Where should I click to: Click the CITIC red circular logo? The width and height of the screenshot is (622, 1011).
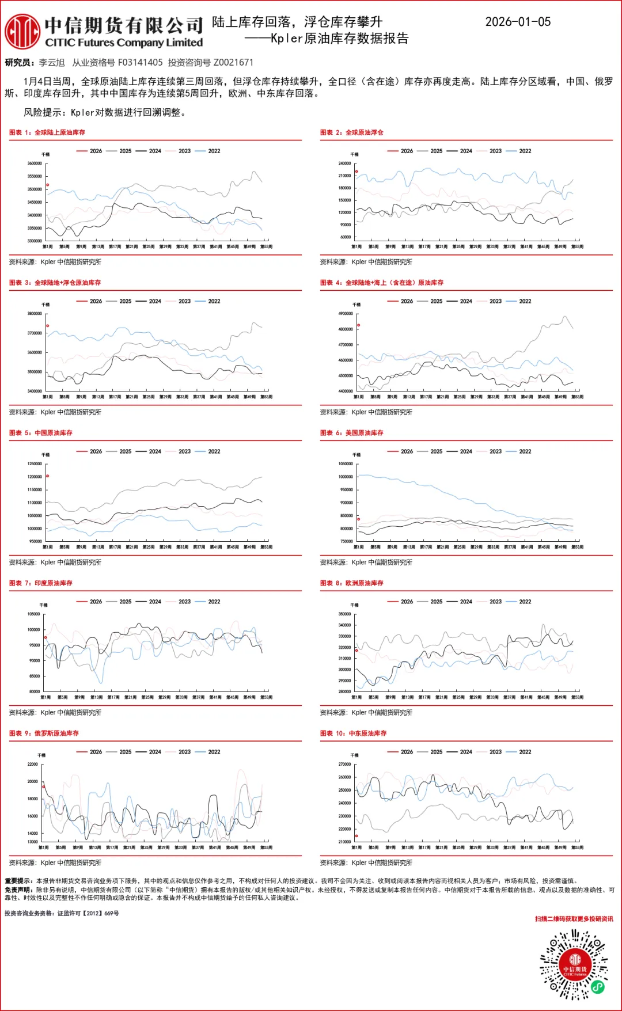(x=22, y=32)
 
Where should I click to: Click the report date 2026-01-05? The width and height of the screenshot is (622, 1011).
(x=518, y=22)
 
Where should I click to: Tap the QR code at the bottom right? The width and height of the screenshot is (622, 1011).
(x=574, y=964)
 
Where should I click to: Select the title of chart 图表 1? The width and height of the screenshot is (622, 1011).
(x=47, y=132)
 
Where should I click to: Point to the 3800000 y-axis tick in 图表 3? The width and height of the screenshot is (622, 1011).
(x=35, y=314)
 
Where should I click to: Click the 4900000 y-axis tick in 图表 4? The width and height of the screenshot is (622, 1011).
(x=346, y=314)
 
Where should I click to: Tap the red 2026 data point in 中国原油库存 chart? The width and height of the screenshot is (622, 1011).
(x=47, y=476)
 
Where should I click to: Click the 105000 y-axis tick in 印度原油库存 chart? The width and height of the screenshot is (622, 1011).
(x=34, y=614)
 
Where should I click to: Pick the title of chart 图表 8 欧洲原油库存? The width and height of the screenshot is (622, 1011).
(x=352, y=583)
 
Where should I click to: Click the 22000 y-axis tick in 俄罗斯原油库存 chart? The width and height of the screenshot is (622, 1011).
(x=32, y=765)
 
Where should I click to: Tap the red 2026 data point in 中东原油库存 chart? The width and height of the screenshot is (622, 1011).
(x=356, y=836)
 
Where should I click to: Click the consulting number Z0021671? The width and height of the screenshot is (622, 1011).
(x=233, y=62)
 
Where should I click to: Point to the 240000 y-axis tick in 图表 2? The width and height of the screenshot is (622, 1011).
(x=344, y=164)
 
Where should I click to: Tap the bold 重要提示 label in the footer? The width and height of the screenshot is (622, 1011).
(x=19, y=881)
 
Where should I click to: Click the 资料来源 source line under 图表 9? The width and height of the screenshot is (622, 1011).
(x=55, y=862)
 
